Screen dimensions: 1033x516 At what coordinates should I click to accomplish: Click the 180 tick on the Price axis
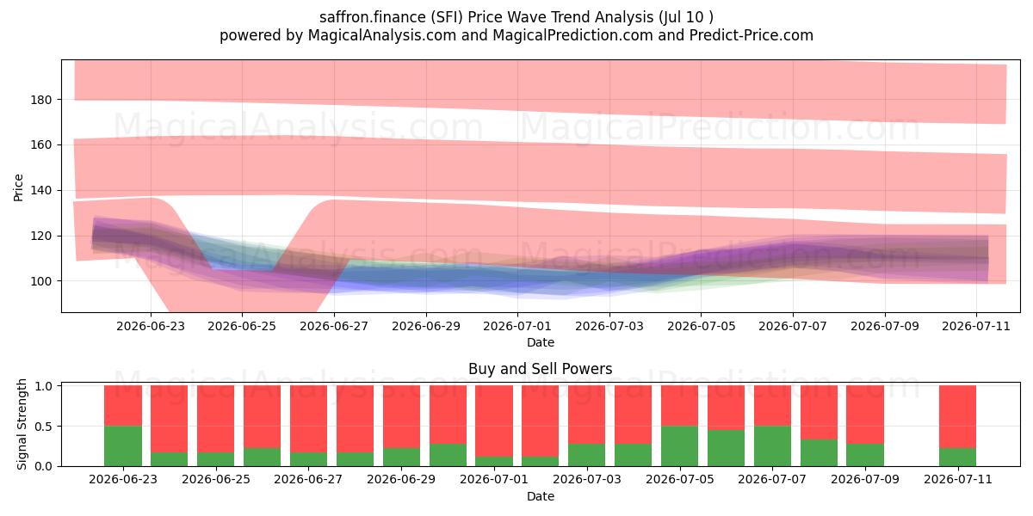pos(41,100)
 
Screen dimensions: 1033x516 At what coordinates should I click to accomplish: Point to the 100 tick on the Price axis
pos(41,281)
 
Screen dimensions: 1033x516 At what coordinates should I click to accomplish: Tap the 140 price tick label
pos(41,190)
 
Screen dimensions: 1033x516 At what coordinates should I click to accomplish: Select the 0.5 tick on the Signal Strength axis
pos(44,427)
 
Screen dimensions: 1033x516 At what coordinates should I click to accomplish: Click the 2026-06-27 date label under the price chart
pos(334,326)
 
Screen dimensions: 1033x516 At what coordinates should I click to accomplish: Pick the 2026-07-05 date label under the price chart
pos(701,326)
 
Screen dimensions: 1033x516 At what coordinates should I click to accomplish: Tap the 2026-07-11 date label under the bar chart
pos(958,479)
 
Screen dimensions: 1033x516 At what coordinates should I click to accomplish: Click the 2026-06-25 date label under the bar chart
pos(216,479)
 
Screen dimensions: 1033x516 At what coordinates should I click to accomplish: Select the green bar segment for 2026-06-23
pos(123,446)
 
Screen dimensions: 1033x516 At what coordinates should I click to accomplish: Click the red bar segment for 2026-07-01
pos(494,421)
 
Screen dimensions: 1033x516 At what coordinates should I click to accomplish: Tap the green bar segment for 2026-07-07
pos(772,446)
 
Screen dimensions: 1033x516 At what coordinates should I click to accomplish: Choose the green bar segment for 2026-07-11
pos(958,457)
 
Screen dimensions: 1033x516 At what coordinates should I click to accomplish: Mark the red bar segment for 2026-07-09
pos(865,415)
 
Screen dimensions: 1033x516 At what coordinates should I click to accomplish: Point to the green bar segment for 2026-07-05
pos(680,446)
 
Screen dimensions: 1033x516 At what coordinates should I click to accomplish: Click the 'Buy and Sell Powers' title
pos(541,369)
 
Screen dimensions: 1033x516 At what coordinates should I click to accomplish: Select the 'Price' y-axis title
pos(18,187)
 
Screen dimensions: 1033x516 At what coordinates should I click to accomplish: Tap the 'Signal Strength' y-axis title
pos(22,424)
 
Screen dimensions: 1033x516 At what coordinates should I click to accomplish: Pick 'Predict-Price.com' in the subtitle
pos(752,35)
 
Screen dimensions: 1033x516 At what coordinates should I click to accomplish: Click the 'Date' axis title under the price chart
pos(541,342)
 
